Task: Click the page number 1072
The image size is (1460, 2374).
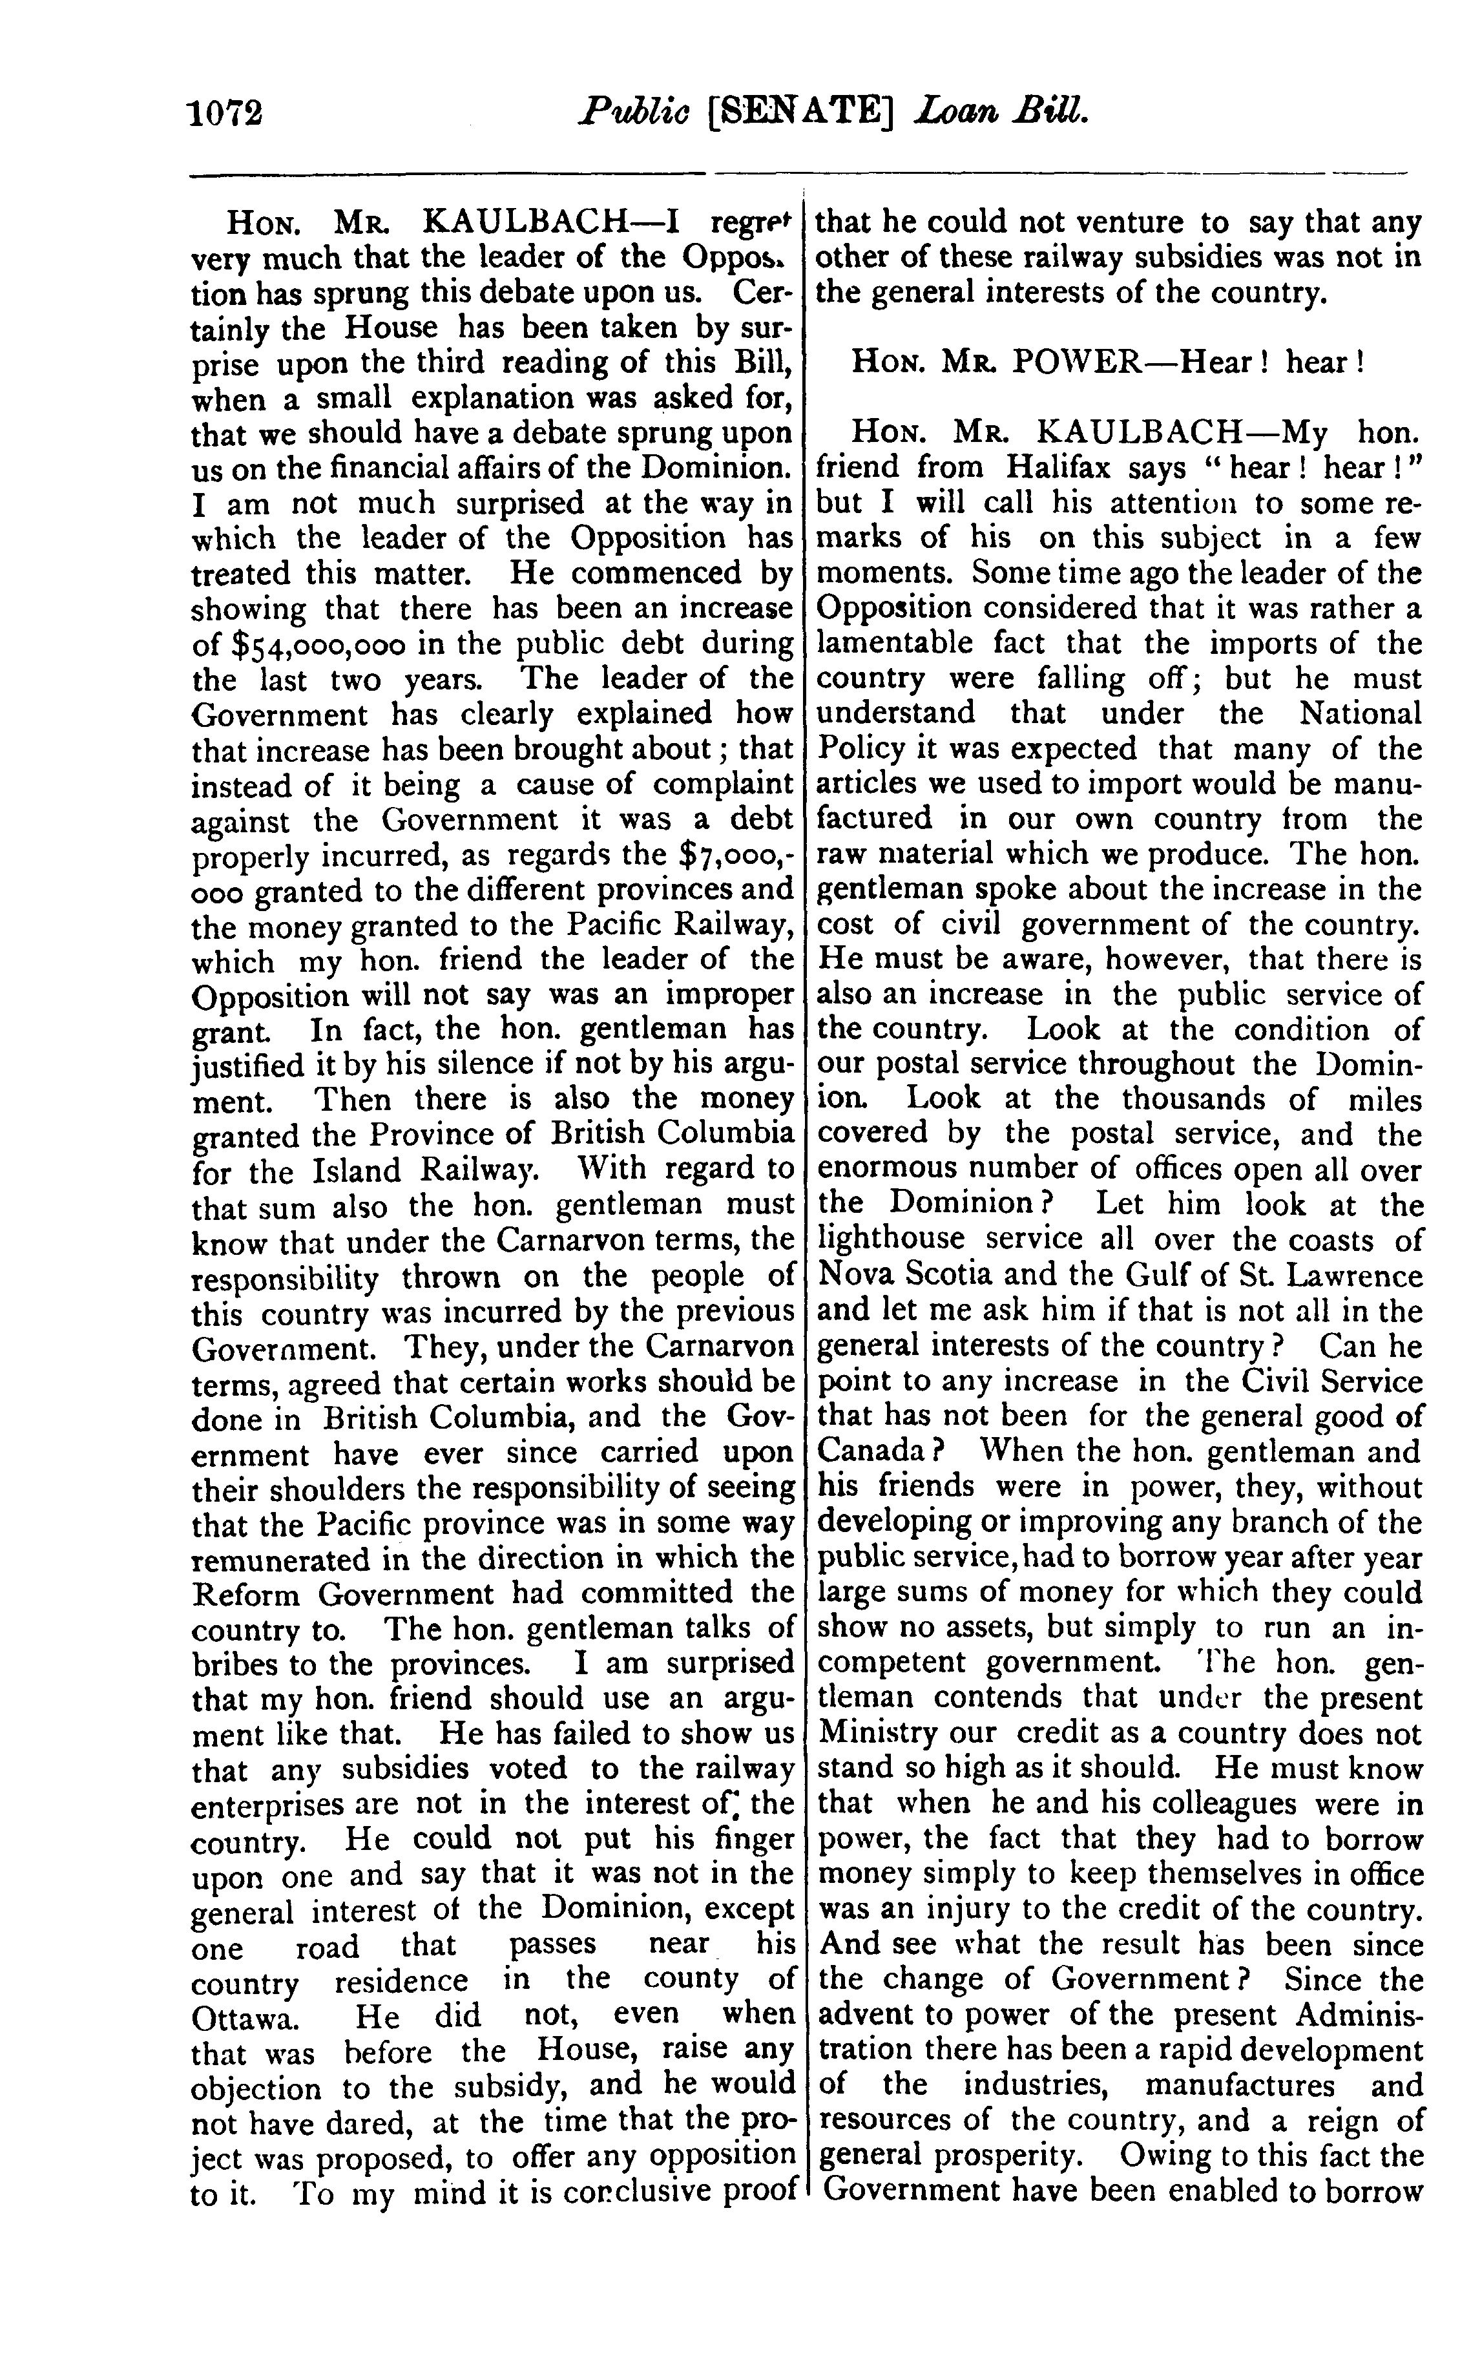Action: (x=228, y=115)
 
